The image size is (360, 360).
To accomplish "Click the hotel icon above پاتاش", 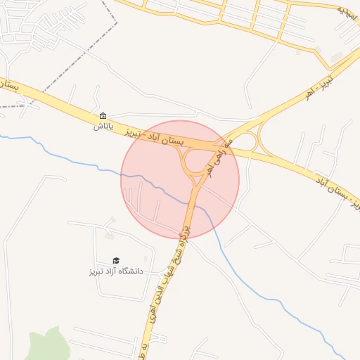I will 103,116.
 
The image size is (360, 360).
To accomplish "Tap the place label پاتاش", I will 103,127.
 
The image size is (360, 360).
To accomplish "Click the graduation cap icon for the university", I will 116,260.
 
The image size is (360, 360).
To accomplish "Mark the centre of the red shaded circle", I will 180,180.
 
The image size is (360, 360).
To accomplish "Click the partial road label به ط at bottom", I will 143,349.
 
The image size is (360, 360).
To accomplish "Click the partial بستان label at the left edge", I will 8,86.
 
